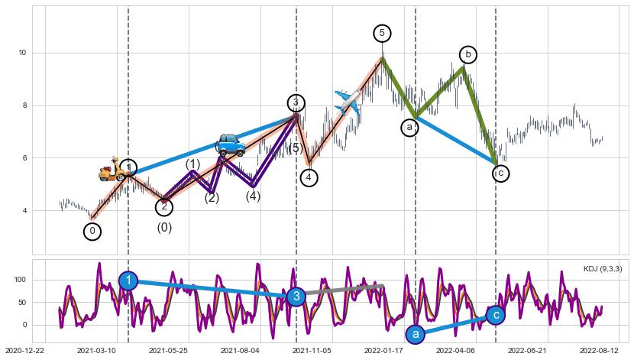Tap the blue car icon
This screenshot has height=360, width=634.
228,144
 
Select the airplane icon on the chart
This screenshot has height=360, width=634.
348,102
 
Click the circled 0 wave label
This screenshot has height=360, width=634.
92,231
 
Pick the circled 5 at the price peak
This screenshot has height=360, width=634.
382,33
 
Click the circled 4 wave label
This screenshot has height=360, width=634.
309,177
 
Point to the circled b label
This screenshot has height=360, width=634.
468,54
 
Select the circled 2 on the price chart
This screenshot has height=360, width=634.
164,206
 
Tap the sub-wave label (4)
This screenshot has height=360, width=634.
253,196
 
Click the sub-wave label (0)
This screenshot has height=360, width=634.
164,227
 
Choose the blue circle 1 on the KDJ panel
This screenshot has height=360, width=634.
129,281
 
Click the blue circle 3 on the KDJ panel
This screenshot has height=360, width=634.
297,296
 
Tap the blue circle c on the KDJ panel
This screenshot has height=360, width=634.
496,314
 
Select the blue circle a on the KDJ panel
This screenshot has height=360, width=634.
416,334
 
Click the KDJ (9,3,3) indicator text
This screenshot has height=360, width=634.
602,269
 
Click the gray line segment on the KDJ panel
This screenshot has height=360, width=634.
344,289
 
